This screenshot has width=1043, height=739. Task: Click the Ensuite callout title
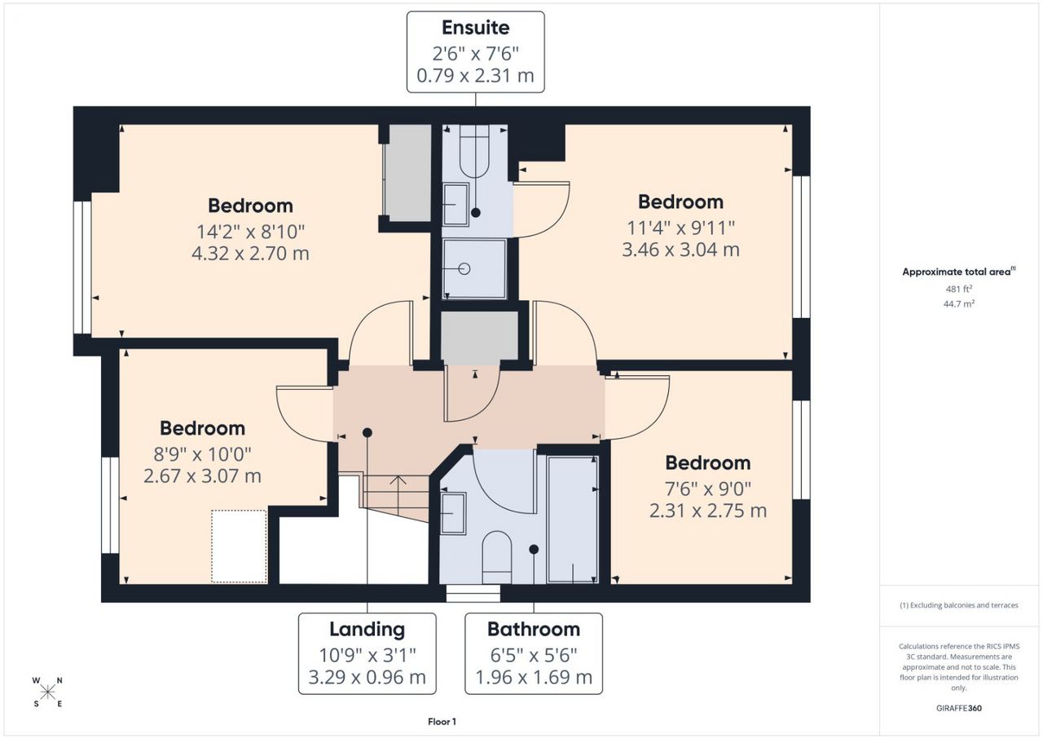pyautogui.click(x=475, y=28)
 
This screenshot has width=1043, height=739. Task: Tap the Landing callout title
pyautogui.click(x=367, y=630)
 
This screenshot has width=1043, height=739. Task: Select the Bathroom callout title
pyautogui.click(x=534, y=630)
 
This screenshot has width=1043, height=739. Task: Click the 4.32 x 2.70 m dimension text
pyautogui.click(x=250, y=254)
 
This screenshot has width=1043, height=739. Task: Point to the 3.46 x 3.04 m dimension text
pyautogui.click(x=680, y=250)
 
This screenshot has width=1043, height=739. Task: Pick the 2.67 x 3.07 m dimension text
pyautogui.click(x=202, y=476)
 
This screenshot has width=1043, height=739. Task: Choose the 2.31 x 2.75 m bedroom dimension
pyautogui.click(x=708, y=511)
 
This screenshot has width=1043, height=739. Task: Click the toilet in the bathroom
pyautogui.click(x=497, y=557)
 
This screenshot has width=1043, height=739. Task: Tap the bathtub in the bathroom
pyautogui.click(x=572, y=520)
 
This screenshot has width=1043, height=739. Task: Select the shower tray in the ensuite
pyautogui.click(x=474, y=268)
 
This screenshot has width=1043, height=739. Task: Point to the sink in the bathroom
pyautogui.click(x=453, y=513)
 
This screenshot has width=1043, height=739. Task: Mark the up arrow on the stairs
pyautogui.click(x=398, y=495)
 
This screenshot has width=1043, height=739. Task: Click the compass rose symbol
pyautogui.click(x=47, y=693)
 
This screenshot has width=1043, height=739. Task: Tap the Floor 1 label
pyautogui.click(x=442, y=722)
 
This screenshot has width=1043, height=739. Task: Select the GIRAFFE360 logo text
pyautogui.click(x=959, y=708)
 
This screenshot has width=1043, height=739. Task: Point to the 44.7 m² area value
pyautogui.click(x=959, y=303)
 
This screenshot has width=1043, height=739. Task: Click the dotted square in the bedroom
pyautogui.click(x=239, y=547)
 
